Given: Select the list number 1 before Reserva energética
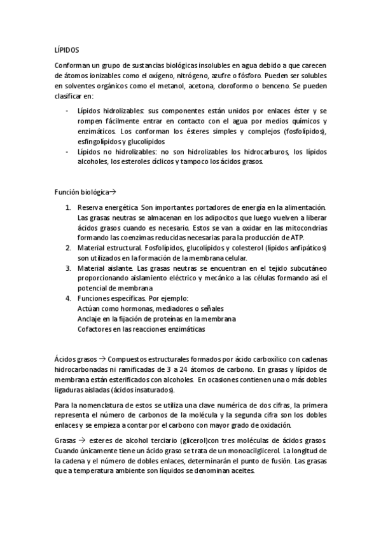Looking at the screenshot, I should pos(68,207).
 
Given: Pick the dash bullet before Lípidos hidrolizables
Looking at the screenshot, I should pos(68,111).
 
